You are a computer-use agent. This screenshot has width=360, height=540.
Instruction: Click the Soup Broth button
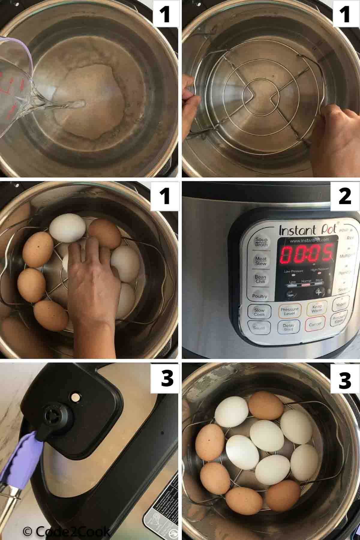coord(261,242)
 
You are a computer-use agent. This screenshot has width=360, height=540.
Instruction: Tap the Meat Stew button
coord(261,261)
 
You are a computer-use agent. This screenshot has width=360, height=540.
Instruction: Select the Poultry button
coord(259,296)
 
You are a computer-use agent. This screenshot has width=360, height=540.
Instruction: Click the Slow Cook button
coord(259,312)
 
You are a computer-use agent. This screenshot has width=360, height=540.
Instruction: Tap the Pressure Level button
coord(289,311)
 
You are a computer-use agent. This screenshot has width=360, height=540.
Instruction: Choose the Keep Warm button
coord(317,309)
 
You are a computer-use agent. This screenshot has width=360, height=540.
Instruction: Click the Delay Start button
coord(288,327)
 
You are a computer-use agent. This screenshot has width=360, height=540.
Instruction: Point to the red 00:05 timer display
coord(306,252)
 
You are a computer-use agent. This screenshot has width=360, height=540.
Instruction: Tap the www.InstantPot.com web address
coord(308,240)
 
